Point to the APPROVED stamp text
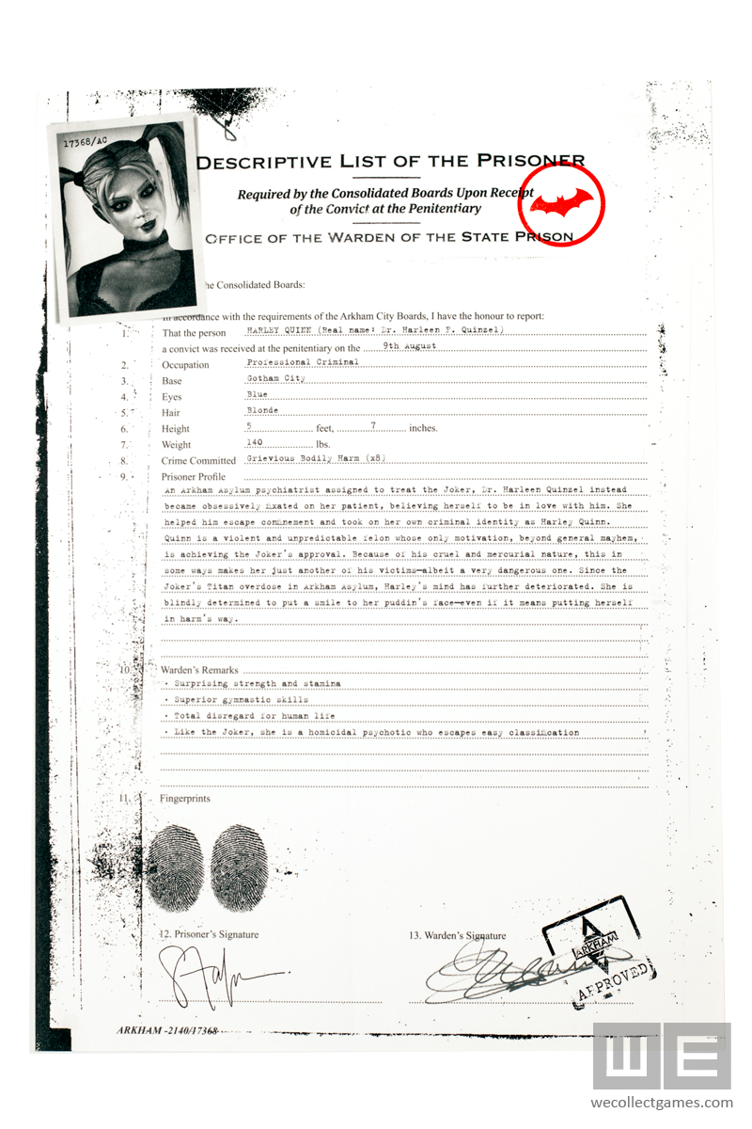pos(612,980)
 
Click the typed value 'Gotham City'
pos(271,378)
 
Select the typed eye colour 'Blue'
pos(257,394)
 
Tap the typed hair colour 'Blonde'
pos(261,410)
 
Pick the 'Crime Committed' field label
pos(198,461)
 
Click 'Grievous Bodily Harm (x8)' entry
pos(315,458)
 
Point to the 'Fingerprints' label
pos(185,799)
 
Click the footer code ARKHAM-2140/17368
pos(167,1031)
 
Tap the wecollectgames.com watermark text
pos(661,1103)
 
